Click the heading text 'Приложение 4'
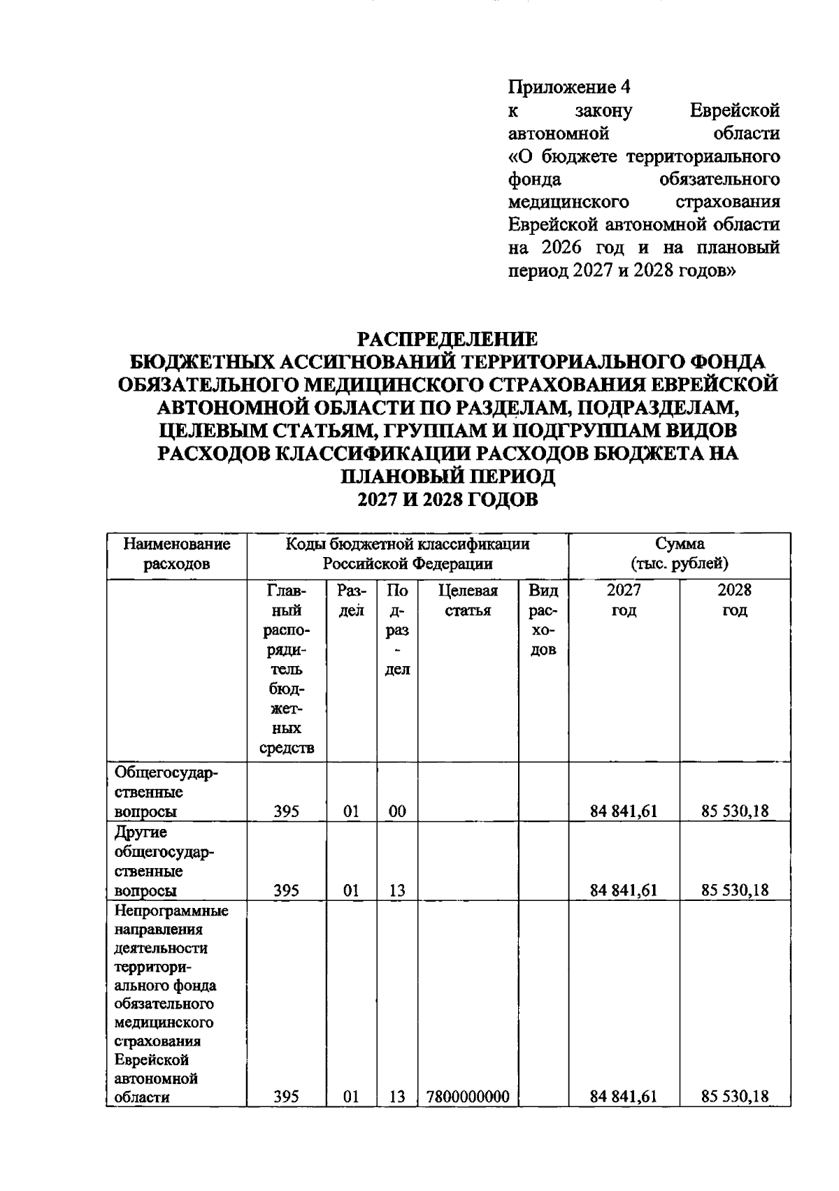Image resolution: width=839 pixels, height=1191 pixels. point(568,87)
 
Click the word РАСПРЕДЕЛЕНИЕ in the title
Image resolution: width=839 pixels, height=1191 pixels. point(447,339)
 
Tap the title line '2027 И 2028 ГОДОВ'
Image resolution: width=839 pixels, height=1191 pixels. point(447,500)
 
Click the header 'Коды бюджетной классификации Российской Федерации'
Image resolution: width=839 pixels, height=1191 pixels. point(407,554)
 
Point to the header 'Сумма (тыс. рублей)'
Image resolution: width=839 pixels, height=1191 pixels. point(679,554)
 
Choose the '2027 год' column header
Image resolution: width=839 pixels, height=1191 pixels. point(624,600)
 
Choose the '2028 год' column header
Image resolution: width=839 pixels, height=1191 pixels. point(734,600)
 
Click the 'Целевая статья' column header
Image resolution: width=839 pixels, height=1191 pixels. point(468,600)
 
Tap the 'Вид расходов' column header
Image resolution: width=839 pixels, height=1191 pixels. point(543,620)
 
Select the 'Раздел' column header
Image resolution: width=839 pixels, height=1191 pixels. point(351,600)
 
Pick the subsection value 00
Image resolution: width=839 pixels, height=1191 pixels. point(397,811)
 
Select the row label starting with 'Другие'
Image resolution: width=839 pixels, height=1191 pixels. point(164,861)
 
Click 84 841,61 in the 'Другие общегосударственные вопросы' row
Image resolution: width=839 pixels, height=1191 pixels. point(624,890)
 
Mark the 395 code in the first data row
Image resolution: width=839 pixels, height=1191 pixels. point(286,811)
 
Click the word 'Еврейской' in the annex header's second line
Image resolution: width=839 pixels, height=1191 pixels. point(734,110)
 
